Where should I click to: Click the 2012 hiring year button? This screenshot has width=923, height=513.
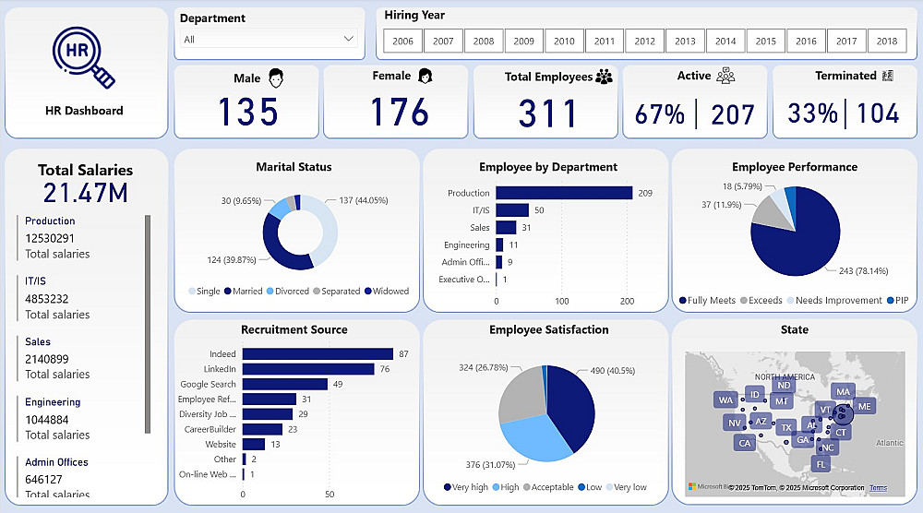pos(645,41)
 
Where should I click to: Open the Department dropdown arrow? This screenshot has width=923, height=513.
pos(349,39)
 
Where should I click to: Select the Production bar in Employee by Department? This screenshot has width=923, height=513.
pos(564,193)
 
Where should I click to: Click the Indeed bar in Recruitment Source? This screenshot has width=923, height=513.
pos(318,353)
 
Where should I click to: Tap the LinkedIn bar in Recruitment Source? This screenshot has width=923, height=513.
pos(308,369)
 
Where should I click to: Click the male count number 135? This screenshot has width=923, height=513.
pos(246,113)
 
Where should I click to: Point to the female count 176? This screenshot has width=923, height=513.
pos(400,113)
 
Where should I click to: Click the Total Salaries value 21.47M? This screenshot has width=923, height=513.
pos(85,193)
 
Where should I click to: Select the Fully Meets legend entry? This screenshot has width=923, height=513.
pos(708,300)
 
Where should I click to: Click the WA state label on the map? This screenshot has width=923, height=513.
pos(725,400)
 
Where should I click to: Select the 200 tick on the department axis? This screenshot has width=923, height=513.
pos(626,302)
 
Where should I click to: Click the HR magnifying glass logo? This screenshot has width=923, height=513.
pos(83,56)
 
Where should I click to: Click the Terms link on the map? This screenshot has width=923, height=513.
pos(878,488)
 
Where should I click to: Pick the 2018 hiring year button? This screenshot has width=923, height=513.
pos(887,41)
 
